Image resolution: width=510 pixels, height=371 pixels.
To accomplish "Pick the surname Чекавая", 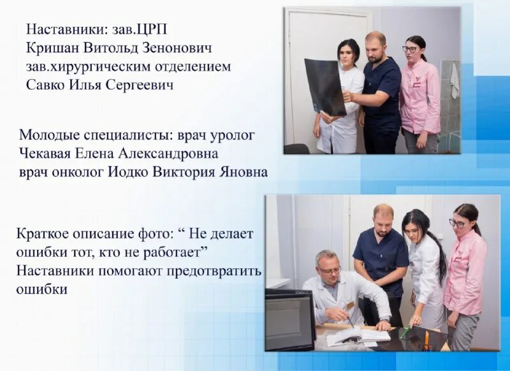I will click(x=48, y=154).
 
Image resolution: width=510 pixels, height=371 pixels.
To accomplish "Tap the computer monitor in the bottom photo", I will click(x=289, y=319).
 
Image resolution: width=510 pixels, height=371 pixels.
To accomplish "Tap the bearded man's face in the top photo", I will click(x=375, y=48).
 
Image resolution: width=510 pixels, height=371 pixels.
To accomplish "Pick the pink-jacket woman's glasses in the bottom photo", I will click(x=457, y=223).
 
